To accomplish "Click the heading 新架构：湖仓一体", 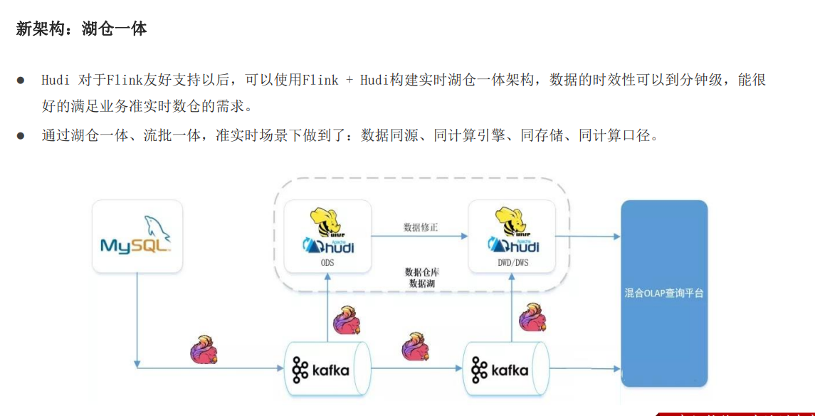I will pyautogui.click(x=81, y=29).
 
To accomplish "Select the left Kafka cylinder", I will pyautogui.click(x=327, y=369).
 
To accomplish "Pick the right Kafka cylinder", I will pyautogui.click(x=506, y=369).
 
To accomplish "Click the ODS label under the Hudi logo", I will pyautogui.click(x=327, y=263).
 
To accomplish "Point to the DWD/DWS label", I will pyautogui.click(x=512, y=263).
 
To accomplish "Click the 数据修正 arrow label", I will pyautogui.click(x=421, y=227).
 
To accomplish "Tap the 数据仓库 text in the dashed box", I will pyautogui.click(x=422, y=272).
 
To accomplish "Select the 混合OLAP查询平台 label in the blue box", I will pyautogui.click(x=663, y=293).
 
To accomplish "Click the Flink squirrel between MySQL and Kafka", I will pyautogui.click(x=204, y=350).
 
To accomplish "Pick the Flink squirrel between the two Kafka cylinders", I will pyautogui.click(x=416, y=347).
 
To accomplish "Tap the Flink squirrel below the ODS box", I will pyautogui.click(x=346, y=321).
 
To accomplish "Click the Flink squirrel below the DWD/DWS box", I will pyautogui.click(x=532, y=318).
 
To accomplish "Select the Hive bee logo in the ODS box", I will pyautogui.click(x=328, y=220).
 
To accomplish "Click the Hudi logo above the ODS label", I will pyautogui.click(x=328, y=246).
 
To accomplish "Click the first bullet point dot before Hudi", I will pyautogui.click(x=21, y=80).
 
